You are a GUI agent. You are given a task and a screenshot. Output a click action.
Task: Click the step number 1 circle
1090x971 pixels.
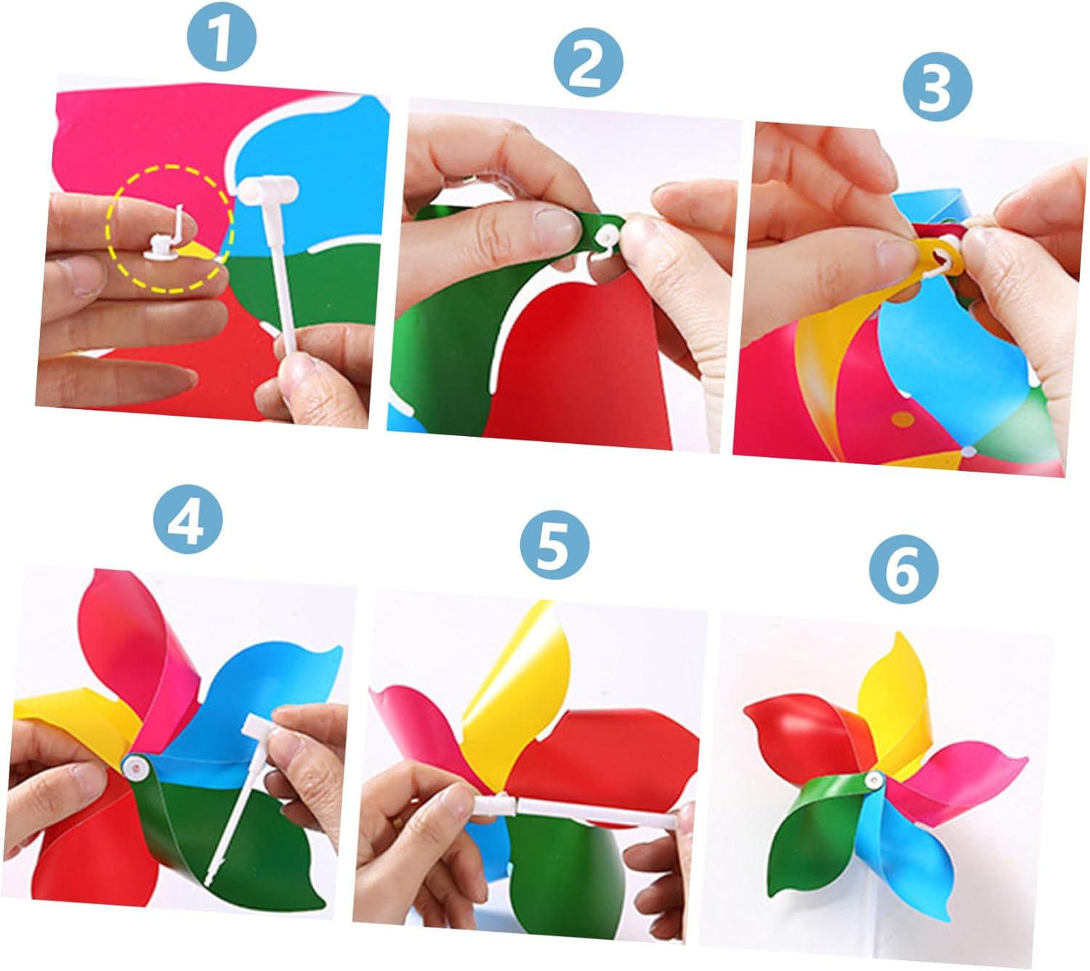[222, 38]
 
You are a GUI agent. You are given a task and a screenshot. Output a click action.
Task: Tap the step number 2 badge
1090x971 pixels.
[588, 63]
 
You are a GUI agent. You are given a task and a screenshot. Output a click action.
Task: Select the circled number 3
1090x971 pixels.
[937, 86]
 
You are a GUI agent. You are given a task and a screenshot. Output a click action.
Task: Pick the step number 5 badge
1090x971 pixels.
[554, 544]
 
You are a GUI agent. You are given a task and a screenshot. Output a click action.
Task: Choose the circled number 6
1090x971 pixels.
[903, 569]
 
